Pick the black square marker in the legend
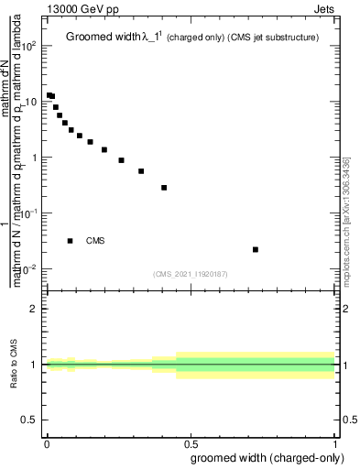(x=71, y=241)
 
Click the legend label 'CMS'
(x=95, y=241)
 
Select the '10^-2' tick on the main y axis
(x=30, y=268)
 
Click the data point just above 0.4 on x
(x=164, y=188)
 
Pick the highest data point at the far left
(x=49, y=94)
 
